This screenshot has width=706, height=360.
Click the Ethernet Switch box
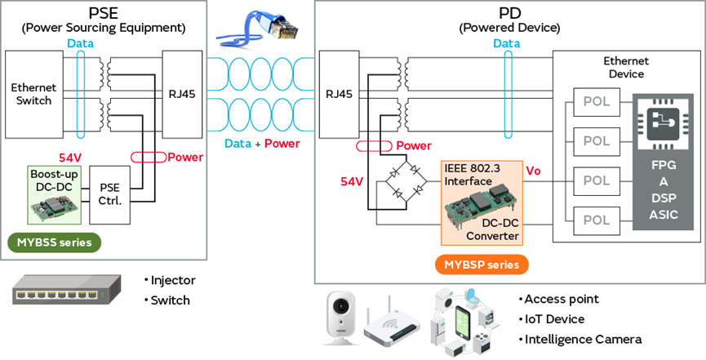(x=33, y=94)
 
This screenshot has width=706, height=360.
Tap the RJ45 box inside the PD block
(x=339, y=94)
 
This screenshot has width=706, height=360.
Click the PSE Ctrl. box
(x=110, y=194)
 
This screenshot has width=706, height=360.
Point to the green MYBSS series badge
(x=55, y=242)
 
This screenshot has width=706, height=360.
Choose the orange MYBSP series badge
(x=482, y=264)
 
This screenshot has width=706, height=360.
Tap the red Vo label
(x=533, y=171)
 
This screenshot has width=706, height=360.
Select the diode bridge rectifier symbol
(x=406, y=184)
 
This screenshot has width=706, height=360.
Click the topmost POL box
(x=597, y=102)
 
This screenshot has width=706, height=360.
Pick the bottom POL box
(x=597, y=220)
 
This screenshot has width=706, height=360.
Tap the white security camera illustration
(x=341, y=318)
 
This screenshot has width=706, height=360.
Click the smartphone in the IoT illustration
(x=465, y=323)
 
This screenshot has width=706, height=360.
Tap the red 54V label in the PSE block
(x=71, y=158)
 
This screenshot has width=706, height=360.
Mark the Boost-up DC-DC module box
(x=55, y=194)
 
